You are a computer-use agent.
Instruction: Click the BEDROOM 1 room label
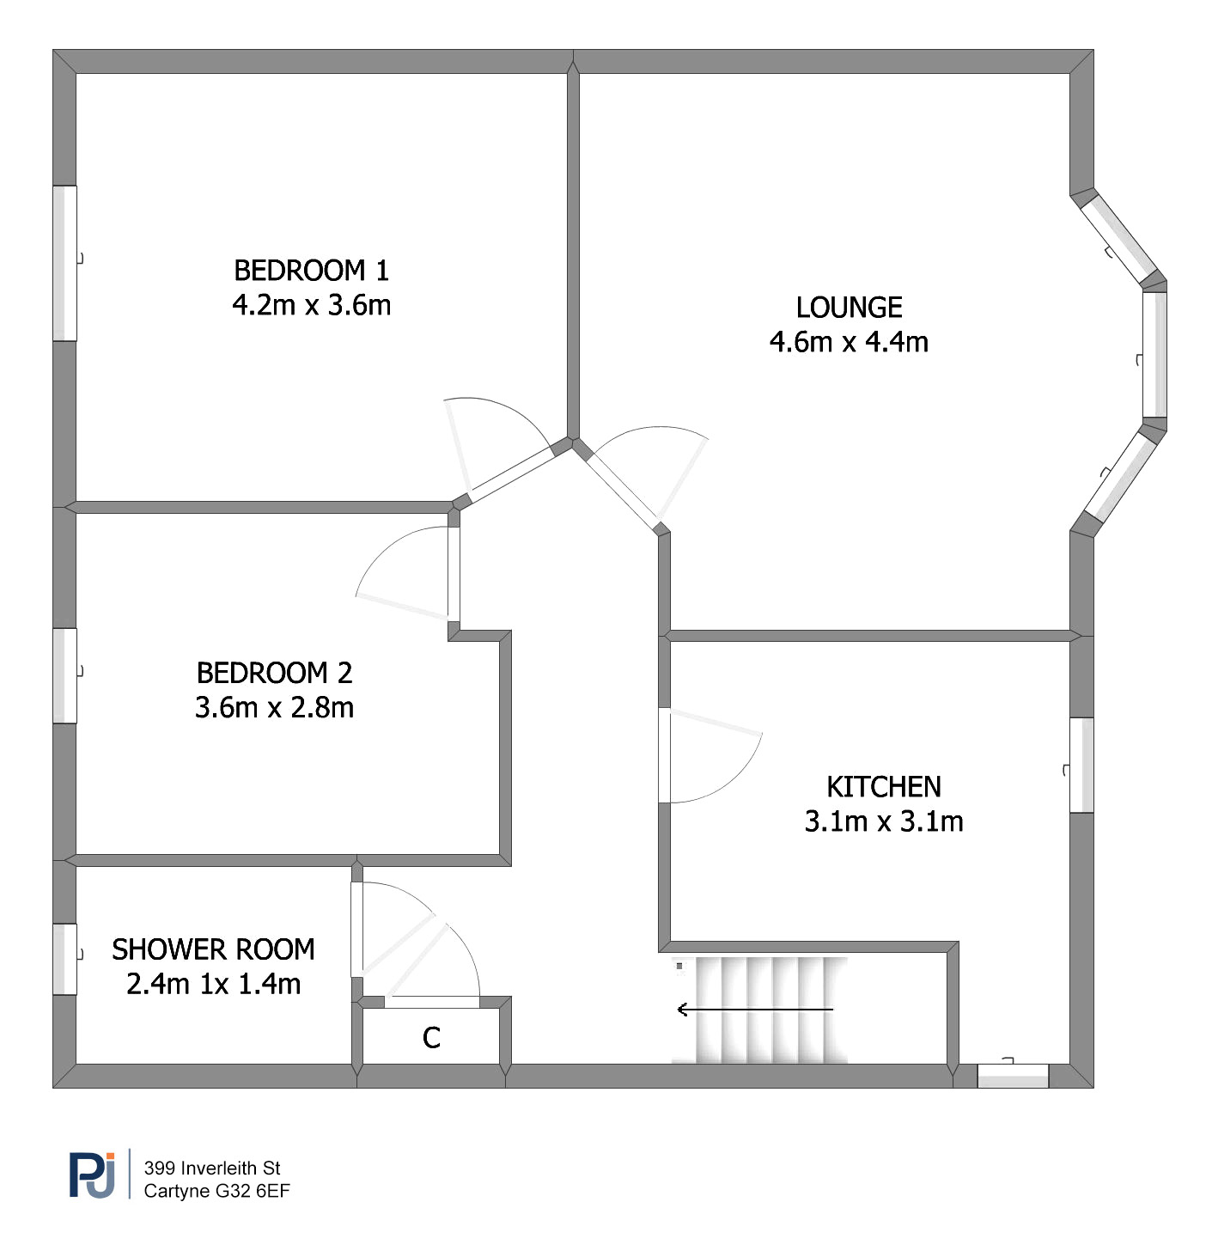click(312, 271)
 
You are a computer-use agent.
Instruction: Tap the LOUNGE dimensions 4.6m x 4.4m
click(849, 342)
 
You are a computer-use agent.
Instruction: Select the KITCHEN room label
click(884, 787)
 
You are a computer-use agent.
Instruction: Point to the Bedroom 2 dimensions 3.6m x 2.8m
click(274, 707)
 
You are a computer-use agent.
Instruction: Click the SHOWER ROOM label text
click(213, 949)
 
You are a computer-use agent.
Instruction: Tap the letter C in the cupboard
click(431, 1038)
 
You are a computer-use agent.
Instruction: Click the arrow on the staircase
click(755, 1010)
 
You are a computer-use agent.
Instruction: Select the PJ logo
click(93, 1175)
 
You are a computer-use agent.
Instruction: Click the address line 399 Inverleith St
click(212, 1168)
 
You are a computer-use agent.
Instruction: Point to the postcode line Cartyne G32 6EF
click(216, 1191)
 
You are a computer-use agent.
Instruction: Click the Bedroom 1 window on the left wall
click(65, 263)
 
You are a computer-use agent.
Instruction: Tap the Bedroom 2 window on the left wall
click(65, 675)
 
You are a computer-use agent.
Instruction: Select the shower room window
click(65, 959)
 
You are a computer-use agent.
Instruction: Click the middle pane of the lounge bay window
click(1154, 355)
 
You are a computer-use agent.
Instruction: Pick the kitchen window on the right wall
click(1081, 765)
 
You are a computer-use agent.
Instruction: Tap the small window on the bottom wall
click(1013, 1076)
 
